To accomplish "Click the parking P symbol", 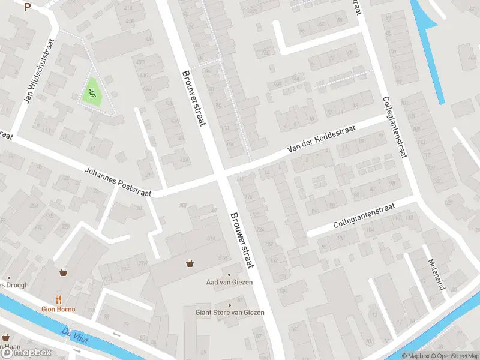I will click(x=27, y=7).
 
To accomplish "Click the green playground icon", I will click(x=92, y=93).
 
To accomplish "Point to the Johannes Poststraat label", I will click(x=121, y=181).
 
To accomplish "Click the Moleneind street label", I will click(x=436, y=275).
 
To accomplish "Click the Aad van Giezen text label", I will click(x=229, y=282).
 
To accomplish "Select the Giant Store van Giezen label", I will click(x=230, y=312).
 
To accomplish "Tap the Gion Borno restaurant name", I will click(x=58, y=309).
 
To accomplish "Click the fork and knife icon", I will click(x=58, y=299).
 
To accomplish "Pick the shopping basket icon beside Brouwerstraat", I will click(x=190, y=263).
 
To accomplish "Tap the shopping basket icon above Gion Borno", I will click(x=63, y=272).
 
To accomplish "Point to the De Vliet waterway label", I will click(x=76, y=336).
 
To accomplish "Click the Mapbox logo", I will click(x=25, y=353).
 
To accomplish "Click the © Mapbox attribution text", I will click(x=416, y=356).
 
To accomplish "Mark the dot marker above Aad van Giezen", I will click(x=229, y=274).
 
